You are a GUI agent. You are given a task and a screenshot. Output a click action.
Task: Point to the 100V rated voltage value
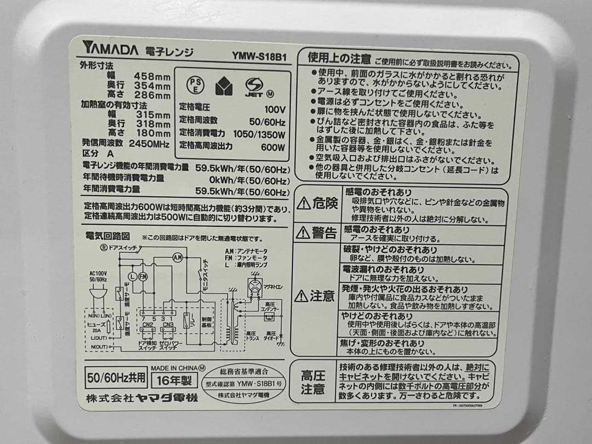pyautogui.click(x=274, y=109)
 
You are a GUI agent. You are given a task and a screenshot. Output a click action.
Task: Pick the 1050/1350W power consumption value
pyautogui.click(x=259, y=134)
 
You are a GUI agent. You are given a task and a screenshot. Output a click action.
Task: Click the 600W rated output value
pyautogui.click(x=272, y=147)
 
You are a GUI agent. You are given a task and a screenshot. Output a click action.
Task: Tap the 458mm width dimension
pyautogui.click(x=153, y=76)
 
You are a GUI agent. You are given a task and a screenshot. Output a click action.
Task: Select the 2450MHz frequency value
pyautogui.click(x=148, y=143)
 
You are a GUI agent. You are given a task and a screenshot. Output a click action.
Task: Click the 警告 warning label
pyautogui.click(x=317, y=233)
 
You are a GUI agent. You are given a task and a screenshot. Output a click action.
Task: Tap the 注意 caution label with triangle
pyautogui.click(x=315, y=297)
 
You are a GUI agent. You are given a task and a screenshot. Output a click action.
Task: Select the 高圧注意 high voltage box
pyautogui.click(x=312, y=382)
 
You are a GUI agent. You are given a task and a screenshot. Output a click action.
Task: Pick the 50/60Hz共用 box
pyautogui.click(x=115, y=378)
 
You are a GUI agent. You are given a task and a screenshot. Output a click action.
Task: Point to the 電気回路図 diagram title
pyautogui.click(x=107, y=236)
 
